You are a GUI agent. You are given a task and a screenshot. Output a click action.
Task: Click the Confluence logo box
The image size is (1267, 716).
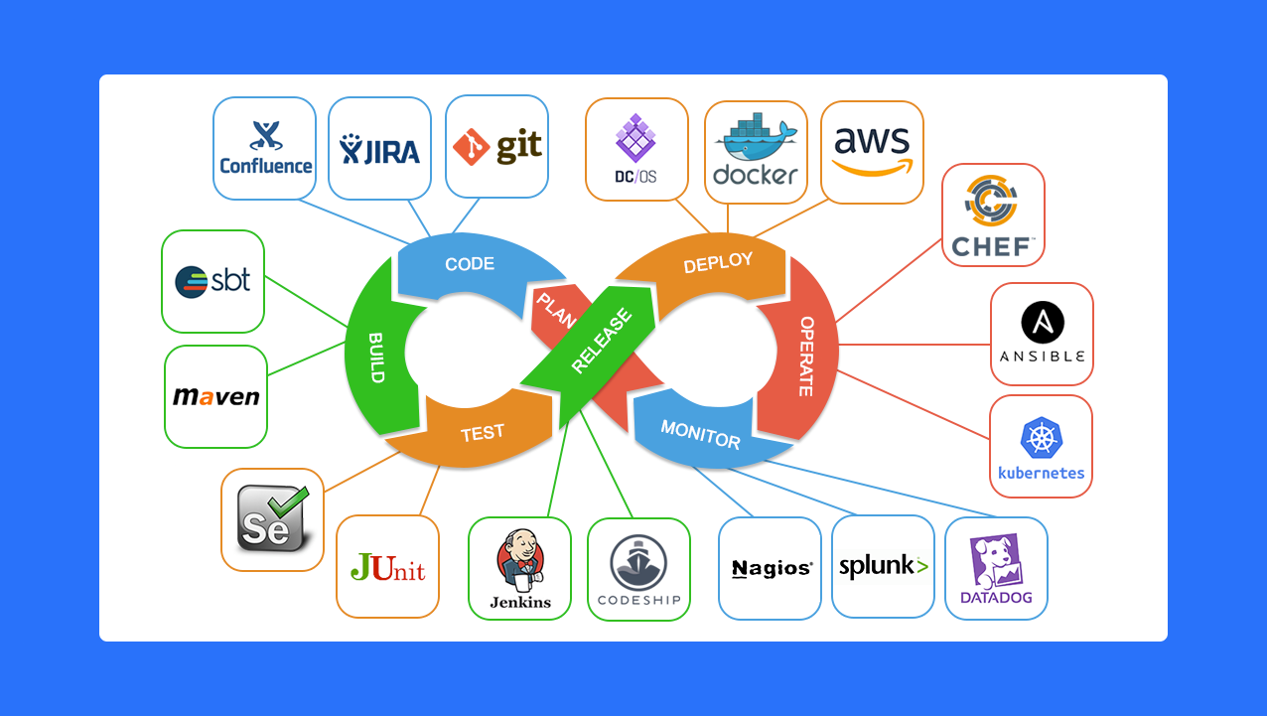265,148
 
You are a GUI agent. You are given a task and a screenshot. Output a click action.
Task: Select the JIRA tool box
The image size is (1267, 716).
379,148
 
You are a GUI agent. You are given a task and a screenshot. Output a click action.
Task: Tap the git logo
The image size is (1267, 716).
496,147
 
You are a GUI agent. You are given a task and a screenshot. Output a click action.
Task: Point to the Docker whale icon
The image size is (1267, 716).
756,139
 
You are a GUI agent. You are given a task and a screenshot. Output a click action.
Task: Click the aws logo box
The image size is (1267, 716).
872,152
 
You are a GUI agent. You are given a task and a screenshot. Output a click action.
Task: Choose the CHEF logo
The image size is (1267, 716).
993,215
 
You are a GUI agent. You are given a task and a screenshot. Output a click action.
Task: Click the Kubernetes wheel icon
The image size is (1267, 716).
1042,438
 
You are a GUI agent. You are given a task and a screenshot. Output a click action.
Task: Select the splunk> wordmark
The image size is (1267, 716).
883,567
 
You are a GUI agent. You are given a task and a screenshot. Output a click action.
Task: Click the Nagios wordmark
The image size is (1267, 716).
772,568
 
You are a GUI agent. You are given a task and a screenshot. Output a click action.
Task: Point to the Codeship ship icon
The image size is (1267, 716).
638,562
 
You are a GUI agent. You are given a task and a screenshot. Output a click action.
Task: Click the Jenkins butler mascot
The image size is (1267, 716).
519,559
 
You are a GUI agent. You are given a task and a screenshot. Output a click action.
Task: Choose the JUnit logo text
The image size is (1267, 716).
387,567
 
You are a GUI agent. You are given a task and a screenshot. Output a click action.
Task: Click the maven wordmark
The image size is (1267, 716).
215,396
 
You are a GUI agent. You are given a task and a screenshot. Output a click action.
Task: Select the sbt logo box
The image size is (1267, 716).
213,281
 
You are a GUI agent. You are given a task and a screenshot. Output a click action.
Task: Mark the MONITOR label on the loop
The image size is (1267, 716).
700,434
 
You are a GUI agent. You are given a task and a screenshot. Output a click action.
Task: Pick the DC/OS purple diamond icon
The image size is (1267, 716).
635,138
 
